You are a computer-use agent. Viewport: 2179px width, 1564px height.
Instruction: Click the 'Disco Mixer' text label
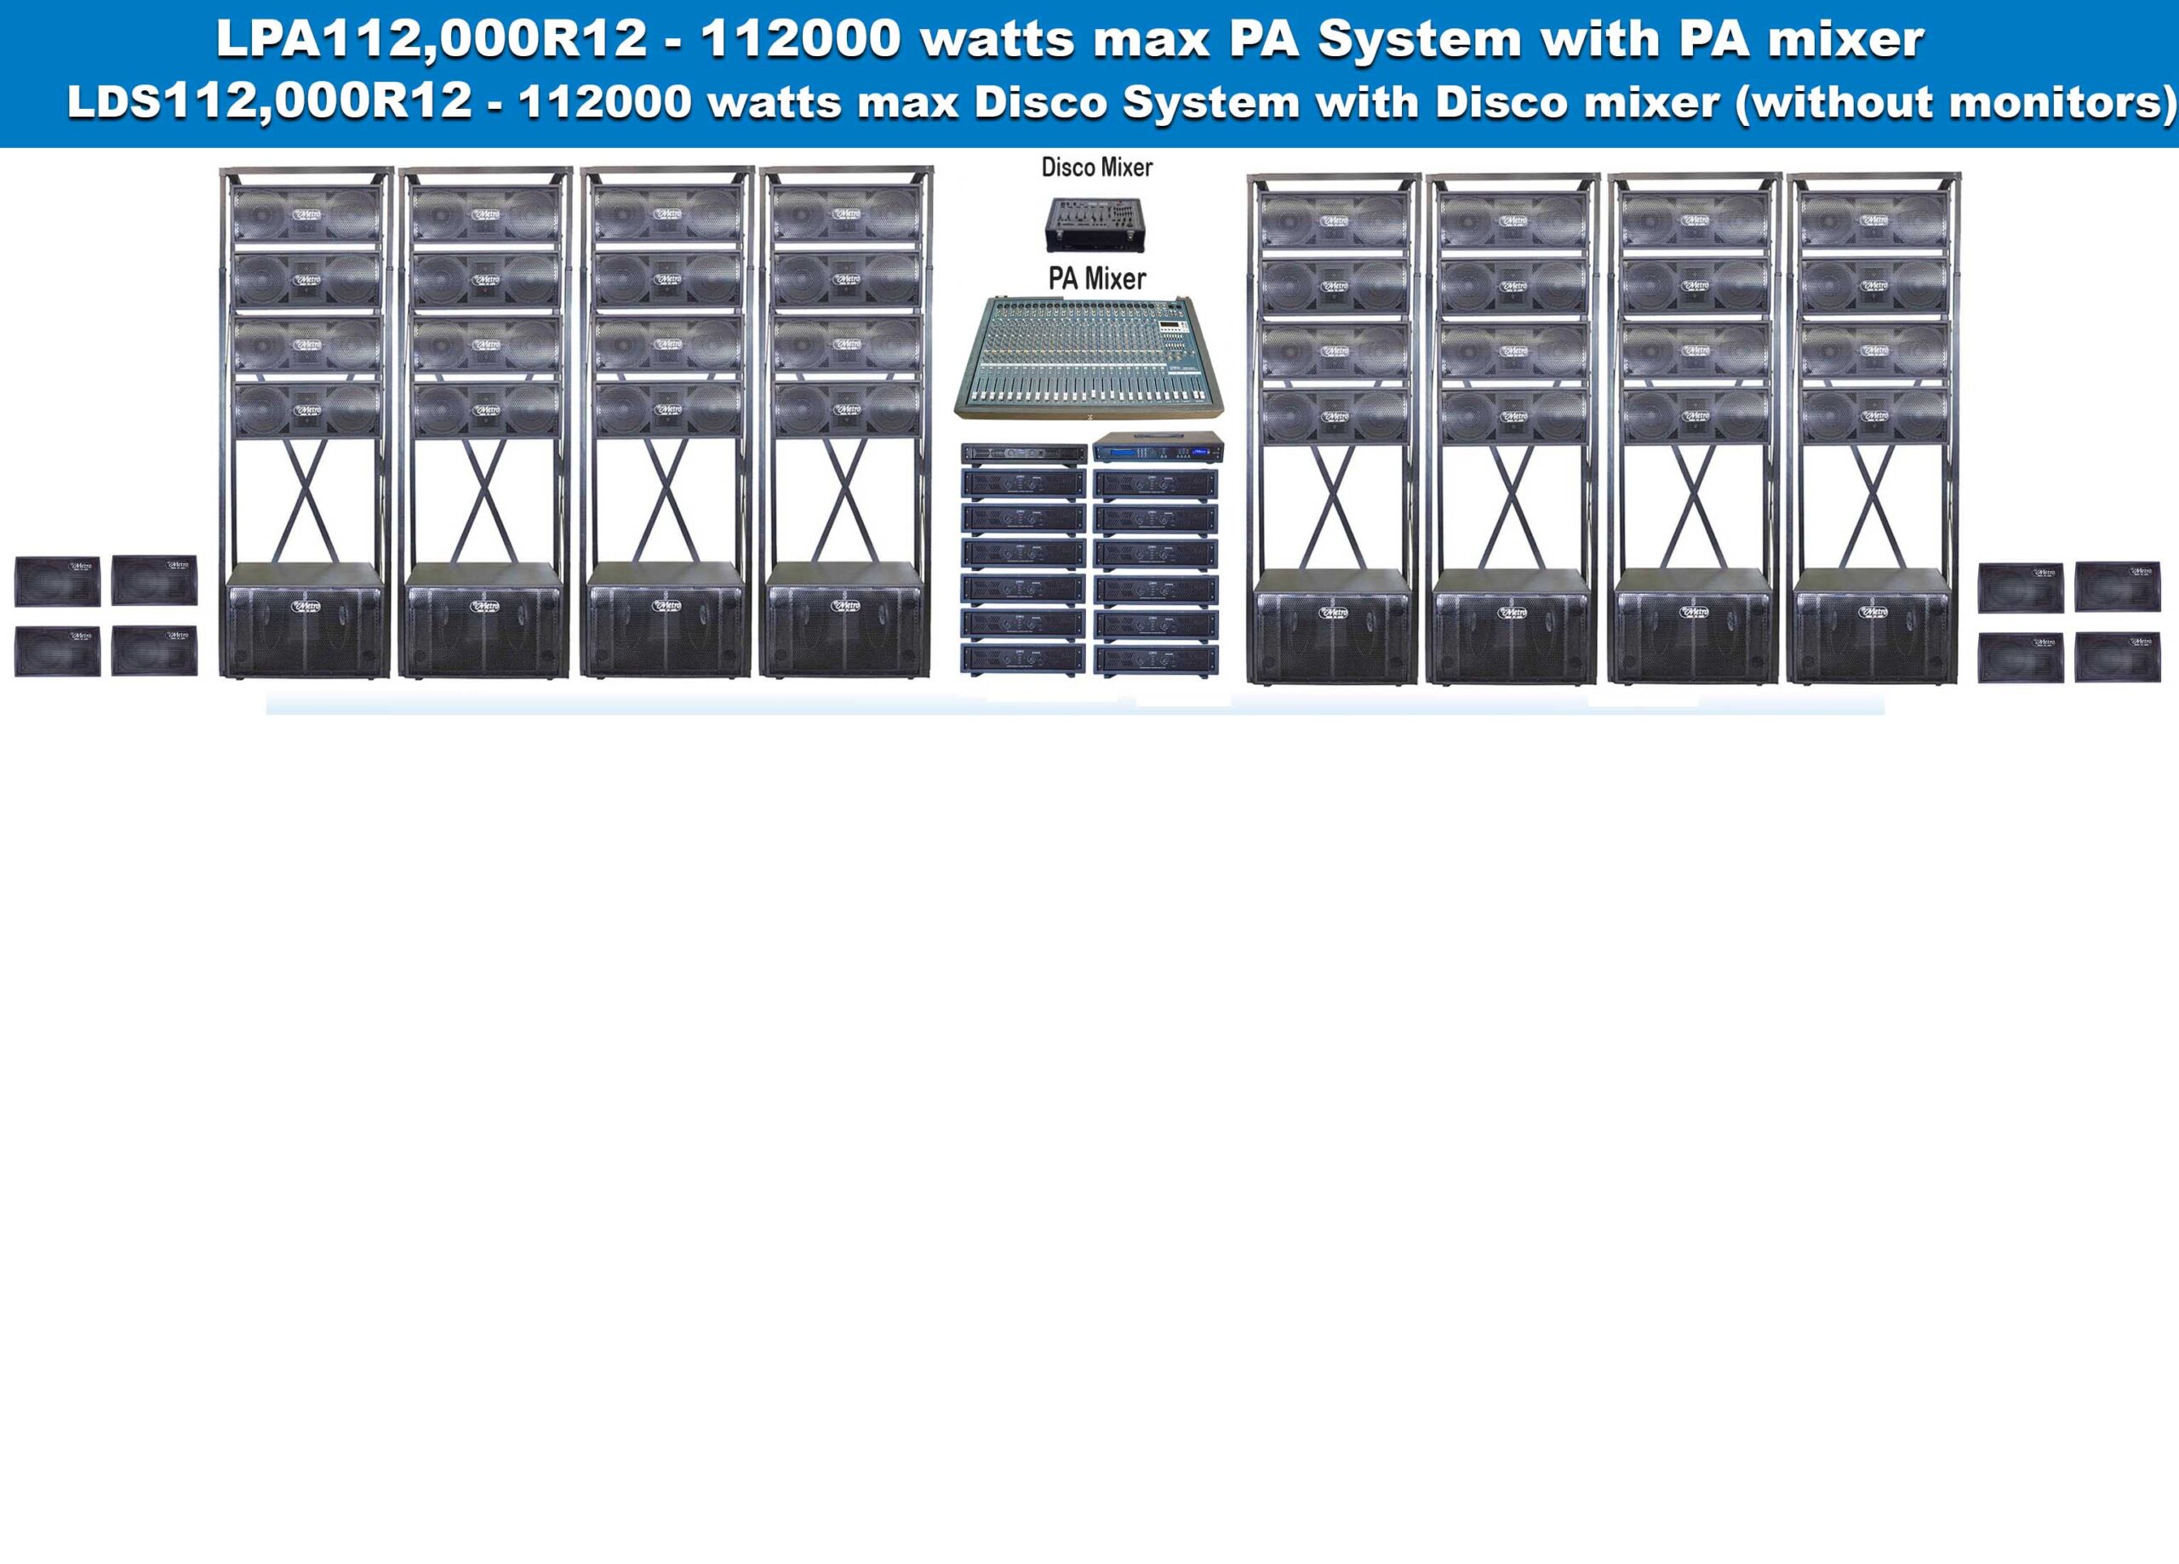pyautogui.click(x=1096, y=167)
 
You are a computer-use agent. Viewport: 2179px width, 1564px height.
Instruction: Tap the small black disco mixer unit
pyautogui.click(x=1096, y=225)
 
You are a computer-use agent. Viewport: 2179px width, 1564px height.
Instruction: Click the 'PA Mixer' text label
pyautogui.click(x=1096, y=278)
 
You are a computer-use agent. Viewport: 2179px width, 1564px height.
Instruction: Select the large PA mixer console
pyautogui.click(x=1089, y=359)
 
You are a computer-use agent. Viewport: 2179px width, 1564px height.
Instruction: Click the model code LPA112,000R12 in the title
pyautogui.click(x=431, y=39)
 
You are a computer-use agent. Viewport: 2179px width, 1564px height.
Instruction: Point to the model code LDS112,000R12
pyautogui.click(x=269, y=102)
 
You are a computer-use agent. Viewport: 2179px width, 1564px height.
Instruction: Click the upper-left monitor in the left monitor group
pyautogui.click(x=58, y=580)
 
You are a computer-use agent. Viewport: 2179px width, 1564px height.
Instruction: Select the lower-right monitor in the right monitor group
pyautogui.click(x=2118, y=658)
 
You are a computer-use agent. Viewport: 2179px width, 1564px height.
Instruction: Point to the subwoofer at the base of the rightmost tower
pyautogui.click(x=1873, y=626)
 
